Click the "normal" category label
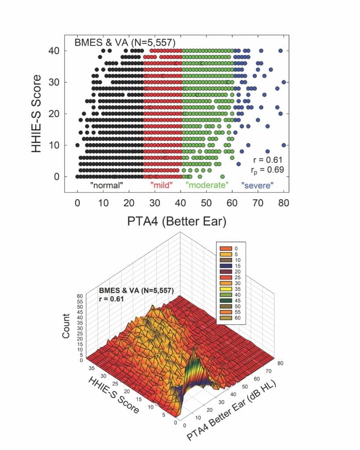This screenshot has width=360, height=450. (x=106, y=185)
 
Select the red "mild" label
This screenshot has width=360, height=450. (x=162, y=185)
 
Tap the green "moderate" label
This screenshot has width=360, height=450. (x=207, y=185)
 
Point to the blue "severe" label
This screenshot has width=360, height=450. (x=257, y=185)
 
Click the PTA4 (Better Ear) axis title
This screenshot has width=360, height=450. (x=181, y=221)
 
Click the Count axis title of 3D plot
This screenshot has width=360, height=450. (x=66, y=325)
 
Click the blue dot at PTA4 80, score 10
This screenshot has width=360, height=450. (x=284, y=145)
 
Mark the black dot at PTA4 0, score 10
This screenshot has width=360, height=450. (x=77, y=145)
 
